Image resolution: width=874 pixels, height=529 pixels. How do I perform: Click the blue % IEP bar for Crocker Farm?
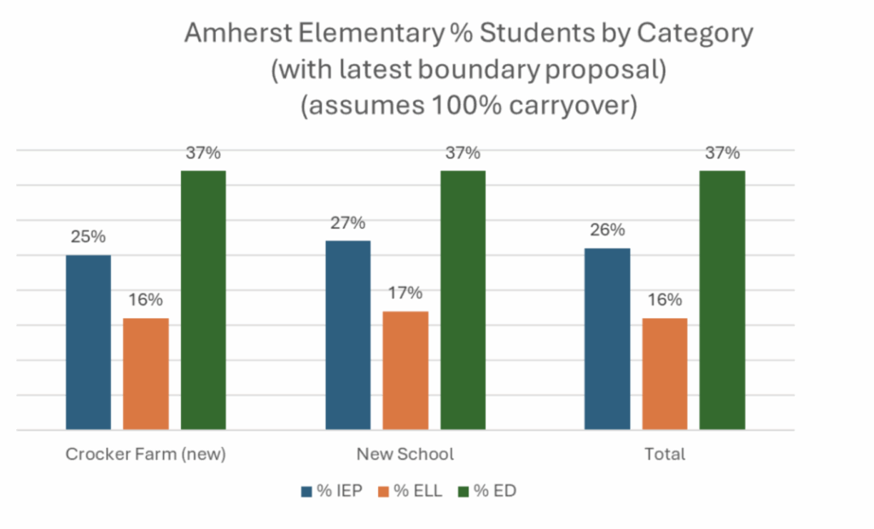pos(88,341)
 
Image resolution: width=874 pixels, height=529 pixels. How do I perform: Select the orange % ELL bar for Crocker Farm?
pos(146,373)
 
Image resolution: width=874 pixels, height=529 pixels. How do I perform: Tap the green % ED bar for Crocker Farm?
pos(203,299)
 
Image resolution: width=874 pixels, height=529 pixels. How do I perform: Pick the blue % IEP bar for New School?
pos(348,334)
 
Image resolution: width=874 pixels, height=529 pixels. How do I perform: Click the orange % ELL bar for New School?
pos(405,369)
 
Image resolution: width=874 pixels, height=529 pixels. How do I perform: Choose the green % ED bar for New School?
pos(463,299)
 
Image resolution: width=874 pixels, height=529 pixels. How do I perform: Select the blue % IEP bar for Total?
pos(608,338)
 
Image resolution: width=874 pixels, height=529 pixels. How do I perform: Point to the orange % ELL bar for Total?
pos(665,373)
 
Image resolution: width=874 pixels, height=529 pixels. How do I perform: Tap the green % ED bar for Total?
pos(722,299)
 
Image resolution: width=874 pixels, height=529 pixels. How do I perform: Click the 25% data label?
pos(88,236)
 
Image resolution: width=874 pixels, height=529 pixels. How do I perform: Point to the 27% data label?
pos(348,223)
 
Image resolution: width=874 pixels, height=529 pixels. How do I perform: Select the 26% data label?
pos(608,230)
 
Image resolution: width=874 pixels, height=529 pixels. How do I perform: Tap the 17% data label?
pos(405,293)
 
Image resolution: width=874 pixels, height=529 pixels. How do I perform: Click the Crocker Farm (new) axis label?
pos(146,454)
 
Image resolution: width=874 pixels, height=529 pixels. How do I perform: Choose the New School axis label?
pos(405,454)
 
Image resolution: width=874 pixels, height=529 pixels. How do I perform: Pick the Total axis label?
pos(665,454)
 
